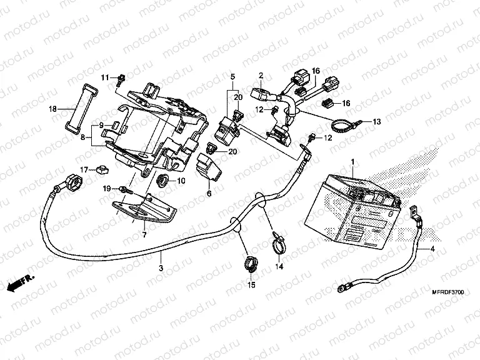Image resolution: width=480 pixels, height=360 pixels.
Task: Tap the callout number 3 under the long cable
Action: [161, 268]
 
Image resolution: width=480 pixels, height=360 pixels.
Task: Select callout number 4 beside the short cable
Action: [431, 249]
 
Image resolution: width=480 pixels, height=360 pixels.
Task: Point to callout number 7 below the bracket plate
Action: [144, 234]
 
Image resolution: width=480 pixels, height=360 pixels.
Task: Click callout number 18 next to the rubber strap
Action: [53, 109]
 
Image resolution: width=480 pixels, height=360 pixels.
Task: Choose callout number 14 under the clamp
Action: [279, 266]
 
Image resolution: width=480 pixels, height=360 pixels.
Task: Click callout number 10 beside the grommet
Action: [181, 181]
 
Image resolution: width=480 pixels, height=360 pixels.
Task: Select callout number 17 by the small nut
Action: [82, 169]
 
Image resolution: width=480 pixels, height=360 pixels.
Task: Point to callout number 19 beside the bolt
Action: [107, 188]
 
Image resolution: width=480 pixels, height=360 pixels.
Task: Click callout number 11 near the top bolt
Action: [105, 77]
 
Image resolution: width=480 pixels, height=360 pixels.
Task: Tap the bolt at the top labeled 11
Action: [121, 79]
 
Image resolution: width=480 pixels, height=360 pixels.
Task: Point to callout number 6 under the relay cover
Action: [209, 194]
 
